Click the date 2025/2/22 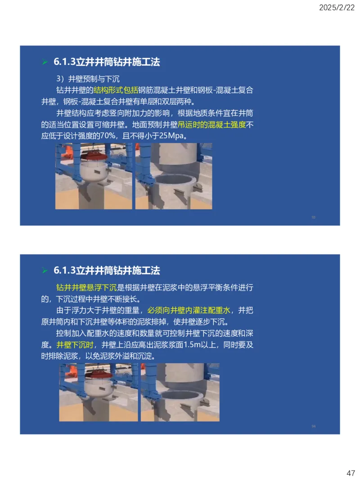337,8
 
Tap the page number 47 351,473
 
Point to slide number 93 313,217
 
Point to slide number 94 313,426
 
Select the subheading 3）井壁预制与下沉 85,79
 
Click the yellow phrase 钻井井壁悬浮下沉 86,287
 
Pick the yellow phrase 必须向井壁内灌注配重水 189,310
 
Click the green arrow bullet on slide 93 45,62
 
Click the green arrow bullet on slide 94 45,271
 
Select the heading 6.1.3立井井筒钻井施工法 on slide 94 107,271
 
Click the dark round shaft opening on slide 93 174,183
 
